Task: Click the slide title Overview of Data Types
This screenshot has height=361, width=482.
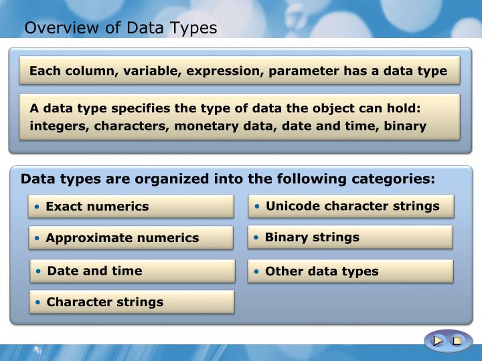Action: pyautogui.click(x=120, y=28)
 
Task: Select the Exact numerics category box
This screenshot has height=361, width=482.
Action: pyautogui.click(x=131, y=207)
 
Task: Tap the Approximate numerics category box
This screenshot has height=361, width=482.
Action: pyautogui.click(x=131, y=237)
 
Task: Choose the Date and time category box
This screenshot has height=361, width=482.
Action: pyautogui.click(x=133, y=271)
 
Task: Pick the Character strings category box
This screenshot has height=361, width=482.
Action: pyautogui.click(x=132, y=302)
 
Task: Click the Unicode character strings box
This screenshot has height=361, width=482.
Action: pyautogui.click(x=351, y=206)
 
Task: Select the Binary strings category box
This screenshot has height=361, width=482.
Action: pyautogui.click(x=350, y=237)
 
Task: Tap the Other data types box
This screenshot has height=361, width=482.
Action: pyautogui.click(x=351, y=271)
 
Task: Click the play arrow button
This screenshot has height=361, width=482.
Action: pyautogui.click(x=438, y=341)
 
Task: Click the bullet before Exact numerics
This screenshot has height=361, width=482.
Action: pyautogui.click(x=40, y=207)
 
